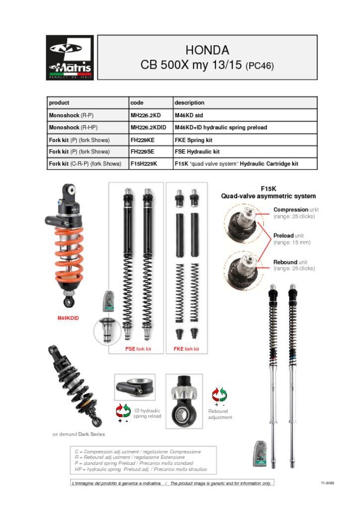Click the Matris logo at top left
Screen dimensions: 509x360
pyautogui.click(x=70, y=57)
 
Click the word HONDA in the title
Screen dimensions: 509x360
pyautogui.click(x=207, y=50)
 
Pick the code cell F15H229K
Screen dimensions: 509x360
pyautogui.click(x=144, y=164)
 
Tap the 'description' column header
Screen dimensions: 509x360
pyautogui.click(x=189, y=103)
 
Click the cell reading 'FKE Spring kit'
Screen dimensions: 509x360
pyautogui.click(x=193, y=140)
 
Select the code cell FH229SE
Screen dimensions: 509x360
pyautogui.click(x=142, y=152)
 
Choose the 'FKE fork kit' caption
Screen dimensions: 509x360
pyautogui.click(x=186, y=349)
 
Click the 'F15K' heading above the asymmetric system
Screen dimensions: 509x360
pyautogui.click(x=268, y=189)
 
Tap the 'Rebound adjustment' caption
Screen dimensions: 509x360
pyautogui.click(x=219, y=414)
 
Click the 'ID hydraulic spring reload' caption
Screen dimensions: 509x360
pyautogui.click(x=147, y=414)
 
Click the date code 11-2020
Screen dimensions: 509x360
pyautogui.click(x=327, y=483)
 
